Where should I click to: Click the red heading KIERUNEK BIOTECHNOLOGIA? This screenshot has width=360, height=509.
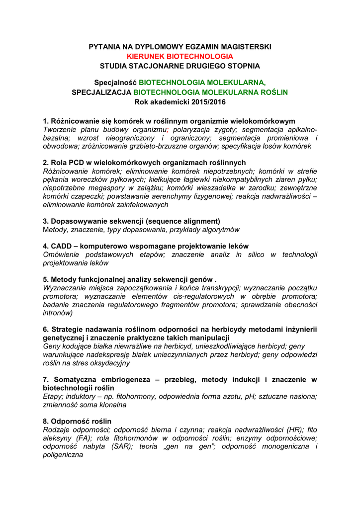(180, 56)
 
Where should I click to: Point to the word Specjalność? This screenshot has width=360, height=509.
(115, 83)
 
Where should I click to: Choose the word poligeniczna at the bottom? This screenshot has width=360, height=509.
(63, 455)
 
